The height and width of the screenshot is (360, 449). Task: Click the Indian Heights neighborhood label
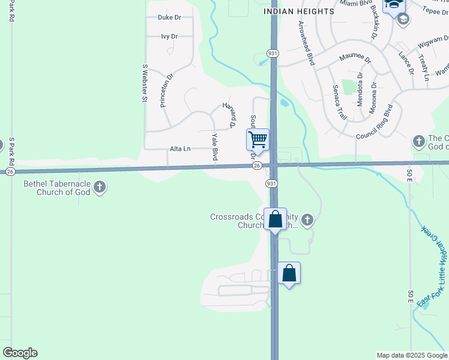pyautogui.click(x=299, y=11)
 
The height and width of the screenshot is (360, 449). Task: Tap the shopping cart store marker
pyautogui.click(x=258, y=140)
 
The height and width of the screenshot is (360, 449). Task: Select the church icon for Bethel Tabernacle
pyautogui.click(x=100, y=188)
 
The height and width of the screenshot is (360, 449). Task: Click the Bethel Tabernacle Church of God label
pyautogui.click(x=56, y=188)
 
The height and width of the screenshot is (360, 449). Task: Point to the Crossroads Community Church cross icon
pyautogui.click(x=307, y=220)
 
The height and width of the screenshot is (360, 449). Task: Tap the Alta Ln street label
pyautogui.click(x=180, y=149)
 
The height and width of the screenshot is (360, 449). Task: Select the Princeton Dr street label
pyautogui.click(x=166, y=90)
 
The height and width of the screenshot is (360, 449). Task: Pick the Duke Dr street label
pyautogui.click(x=169, y=17)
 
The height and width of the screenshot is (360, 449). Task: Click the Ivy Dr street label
pyautogui.click(x=169, y=37)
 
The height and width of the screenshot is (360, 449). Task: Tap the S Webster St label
pyautogui.click(x=145, y=83)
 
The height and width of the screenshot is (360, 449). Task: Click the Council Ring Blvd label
pyautogui.click(x=374, y=123)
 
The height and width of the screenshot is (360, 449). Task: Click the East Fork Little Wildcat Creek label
pyautogui.click(x=433, y=267)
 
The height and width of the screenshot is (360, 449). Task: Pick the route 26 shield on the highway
pyautogui.click(x=256, y=165)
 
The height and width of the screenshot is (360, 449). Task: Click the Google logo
pyautogui.click(x=20, y=353)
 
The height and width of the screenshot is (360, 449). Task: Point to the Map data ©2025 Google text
pyautogui.click(x=411, y=355)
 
